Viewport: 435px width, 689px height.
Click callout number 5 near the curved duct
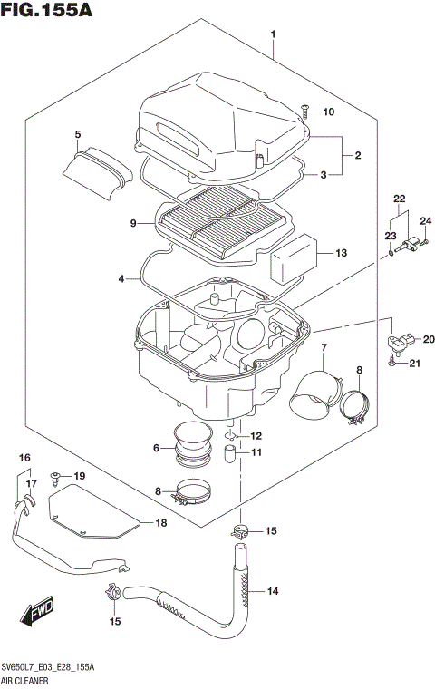78,135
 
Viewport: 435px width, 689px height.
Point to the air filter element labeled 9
217,220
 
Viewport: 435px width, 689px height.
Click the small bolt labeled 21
391,364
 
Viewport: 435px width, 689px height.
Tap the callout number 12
256,436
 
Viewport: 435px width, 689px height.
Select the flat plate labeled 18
91,512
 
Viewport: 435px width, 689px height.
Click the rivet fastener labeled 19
56,476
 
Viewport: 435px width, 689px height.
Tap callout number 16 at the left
24,457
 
